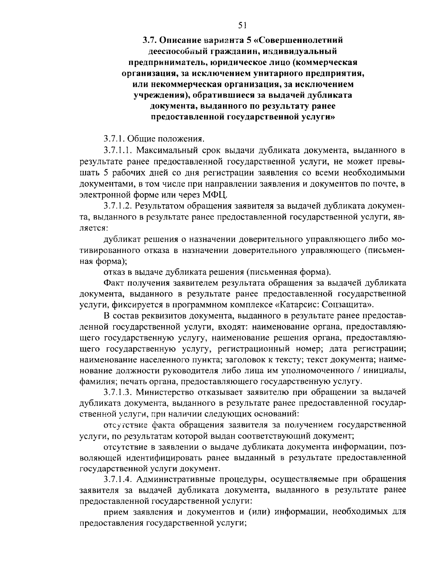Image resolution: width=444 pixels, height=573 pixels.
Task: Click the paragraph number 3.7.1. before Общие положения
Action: click(x=115, y=139)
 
